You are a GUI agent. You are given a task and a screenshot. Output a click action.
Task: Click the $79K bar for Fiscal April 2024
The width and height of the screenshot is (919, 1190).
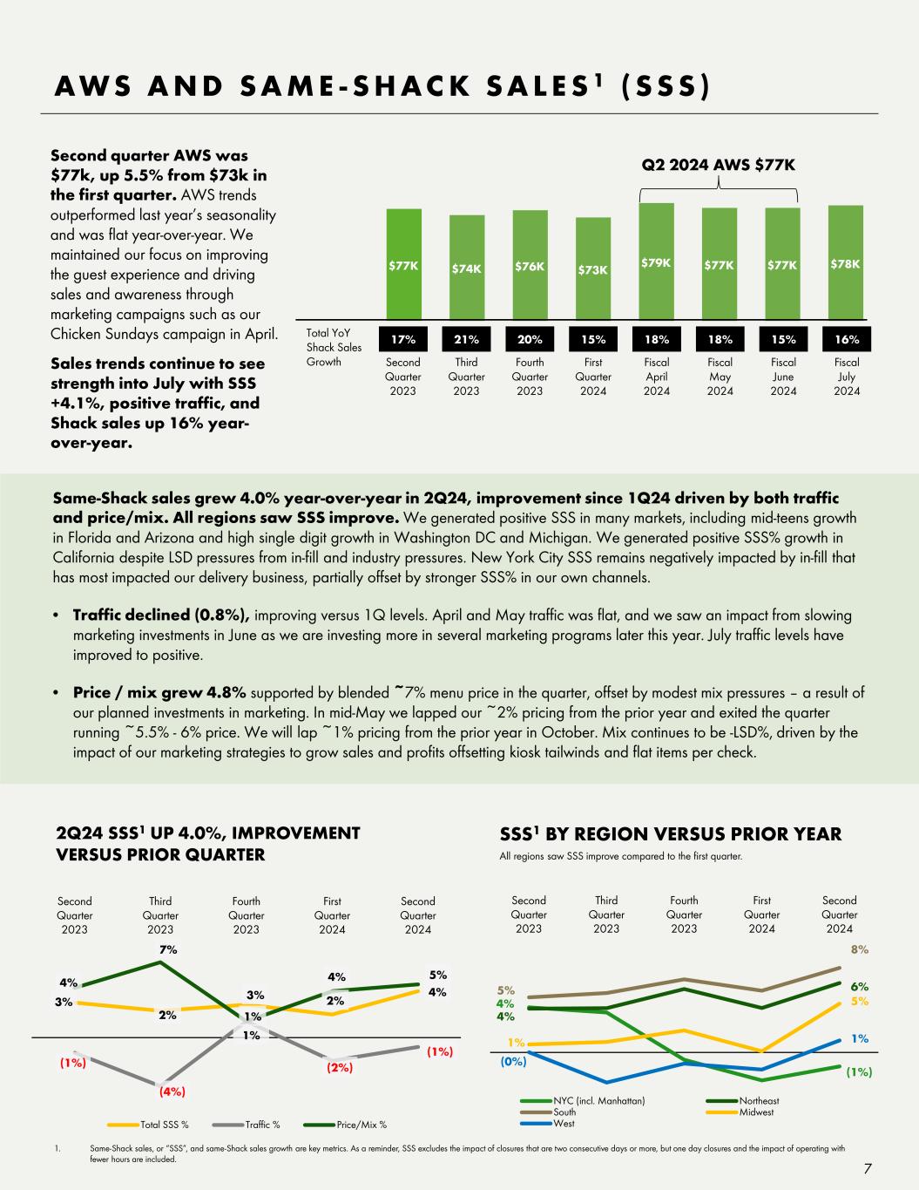tap(656, 262)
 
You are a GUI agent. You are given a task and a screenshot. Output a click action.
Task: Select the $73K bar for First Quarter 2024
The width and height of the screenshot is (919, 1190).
tap(592, 269)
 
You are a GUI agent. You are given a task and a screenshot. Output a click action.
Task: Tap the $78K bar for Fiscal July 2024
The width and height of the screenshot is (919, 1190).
tap(845, 263)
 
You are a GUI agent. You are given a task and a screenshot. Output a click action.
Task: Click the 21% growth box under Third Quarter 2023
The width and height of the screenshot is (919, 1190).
tap(466, 339)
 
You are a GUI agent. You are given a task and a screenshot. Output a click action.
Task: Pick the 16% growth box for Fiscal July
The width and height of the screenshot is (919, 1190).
tap(845, 339)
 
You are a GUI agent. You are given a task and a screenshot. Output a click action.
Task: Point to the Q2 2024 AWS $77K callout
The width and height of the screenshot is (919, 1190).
tap(719, 165)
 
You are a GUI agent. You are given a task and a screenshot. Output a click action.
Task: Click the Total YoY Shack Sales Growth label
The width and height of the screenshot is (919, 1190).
tap(334, 347)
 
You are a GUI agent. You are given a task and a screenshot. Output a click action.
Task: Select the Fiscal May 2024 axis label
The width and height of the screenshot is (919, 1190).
tap(720, 376)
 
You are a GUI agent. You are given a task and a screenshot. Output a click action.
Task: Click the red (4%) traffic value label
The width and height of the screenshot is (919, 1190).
tap(172, 1090)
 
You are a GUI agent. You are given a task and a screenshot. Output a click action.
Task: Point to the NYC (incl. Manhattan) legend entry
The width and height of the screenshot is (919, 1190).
tap(598, 1101)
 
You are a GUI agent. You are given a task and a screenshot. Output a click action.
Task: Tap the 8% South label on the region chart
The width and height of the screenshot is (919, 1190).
tap(859, 949)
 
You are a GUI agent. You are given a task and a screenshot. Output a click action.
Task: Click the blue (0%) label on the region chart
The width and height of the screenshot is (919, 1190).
tap(512, 1063)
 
